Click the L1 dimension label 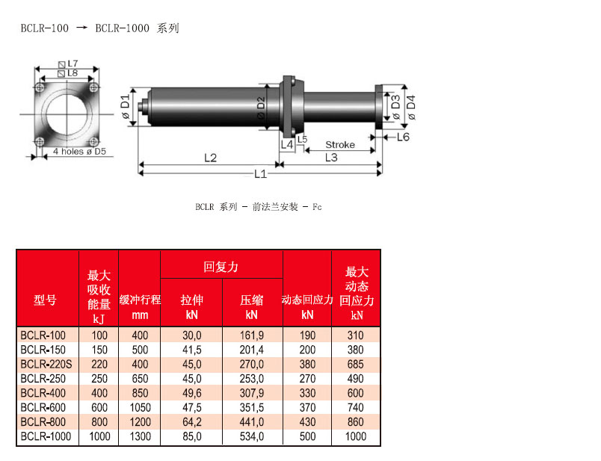260,174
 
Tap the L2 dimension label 211,158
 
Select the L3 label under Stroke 331,158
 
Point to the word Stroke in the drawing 340,145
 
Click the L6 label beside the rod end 403,137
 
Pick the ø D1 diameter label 126,107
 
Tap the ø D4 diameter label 411,107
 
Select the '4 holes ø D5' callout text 79,152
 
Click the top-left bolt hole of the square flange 40,87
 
